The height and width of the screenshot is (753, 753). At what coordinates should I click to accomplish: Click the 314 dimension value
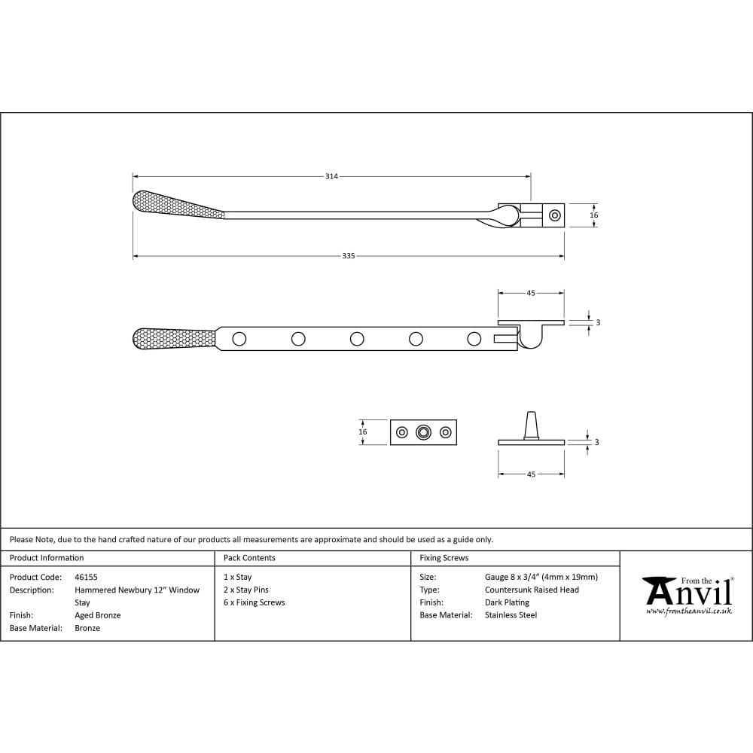click(x=331, y=176)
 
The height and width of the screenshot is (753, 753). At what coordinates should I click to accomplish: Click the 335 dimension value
click(x=348, y=256)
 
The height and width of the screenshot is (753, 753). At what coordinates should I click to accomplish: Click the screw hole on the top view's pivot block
click(x=555, y=215)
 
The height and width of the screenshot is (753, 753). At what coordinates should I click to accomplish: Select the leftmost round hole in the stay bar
click(x=239, y=339)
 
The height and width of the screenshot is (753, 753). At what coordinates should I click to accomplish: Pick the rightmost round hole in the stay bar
click(x=474, y=339)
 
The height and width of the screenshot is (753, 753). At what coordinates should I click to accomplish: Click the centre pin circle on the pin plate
click(x=424, y=432)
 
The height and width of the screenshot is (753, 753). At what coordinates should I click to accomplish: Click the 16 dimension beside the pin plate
click(x=363, y=432)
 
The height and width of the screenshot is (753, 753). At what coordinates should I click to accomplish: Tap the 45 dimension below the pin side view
click(x=531, y=474)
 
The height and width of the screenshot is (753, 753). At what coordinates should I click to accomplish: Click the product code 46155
click(x=86, y=578)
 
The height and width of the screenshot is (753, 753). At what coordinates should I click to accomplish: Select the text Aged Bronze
click(x=98, y=615)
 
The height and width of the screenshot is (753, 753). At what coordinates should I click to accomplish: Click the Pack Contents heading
click(x=249, y=558)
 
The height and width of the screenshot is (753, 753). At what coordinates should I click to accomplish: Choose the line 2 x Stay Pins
click(x=246, y=590)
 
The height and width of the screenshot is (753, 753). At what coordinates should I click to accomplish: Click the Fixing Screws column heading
click(x=444, y=558)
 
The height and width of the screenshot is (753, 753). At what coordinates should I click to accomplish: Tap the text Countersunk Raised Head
click(x=532, y=590)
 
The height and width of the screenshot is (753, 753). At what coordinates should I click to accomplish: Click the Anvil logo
click(x=688, y=591)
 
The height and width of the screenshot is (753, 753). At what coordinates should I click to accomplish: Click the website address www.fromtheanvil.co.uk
click(x=688, y=611)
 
